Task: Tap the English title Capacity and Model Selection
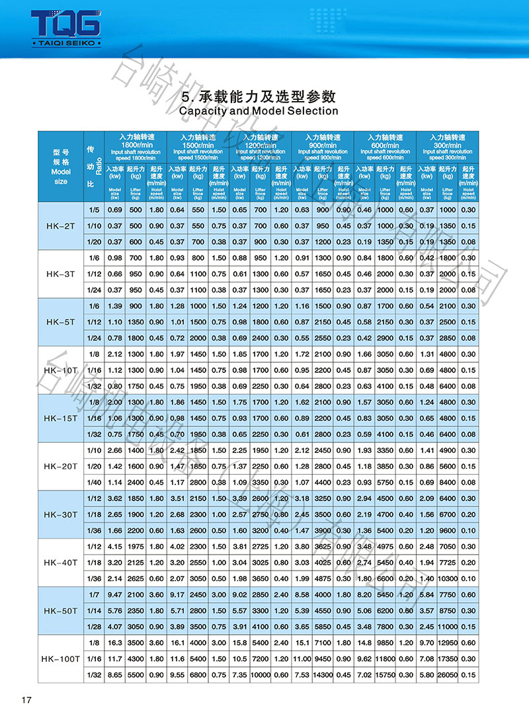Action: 259,111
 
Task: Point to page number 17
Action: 27,700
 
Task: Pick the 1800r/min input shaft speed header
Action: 137,145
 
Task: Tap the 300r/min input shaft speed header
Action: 448,145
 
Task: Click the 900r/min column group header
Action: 323,145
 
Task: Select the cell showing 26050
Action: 448,674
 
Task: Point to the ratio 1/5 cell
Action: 93,210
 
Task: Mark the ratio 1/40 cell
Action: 93,482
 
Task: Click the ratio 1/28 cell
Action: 93,626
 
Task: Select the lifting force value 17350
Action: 448,658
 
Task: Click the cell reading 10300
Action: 448,578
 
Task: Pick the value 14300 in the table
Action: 323,674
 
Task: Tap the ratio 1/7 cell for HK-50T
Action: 93,594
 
